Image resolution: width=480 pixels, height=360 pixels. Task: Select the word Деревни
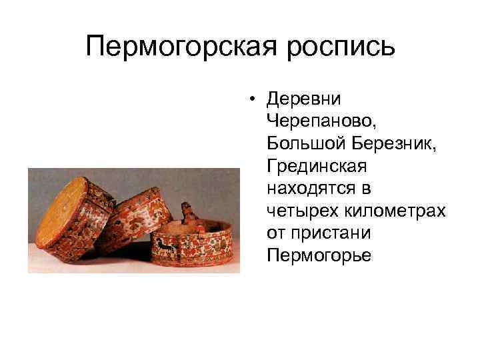tap(303, 99)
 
